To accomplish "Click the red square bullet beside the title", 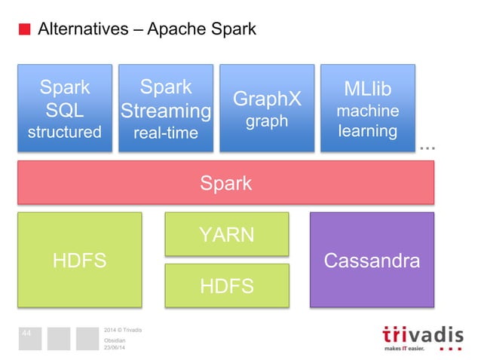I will point(25,30).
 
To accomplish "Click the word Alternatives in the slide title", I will point(83,30).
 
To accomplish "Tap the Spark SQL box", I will point(65,108).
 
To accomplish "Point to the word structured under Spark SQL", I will point(65,133).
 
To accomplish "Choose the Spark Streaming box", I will point(166,108).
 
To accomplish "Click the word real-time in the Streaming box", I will point(166,133).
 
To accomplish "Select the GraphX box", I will point(267,108).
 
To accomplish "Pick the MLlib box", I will point(368,108).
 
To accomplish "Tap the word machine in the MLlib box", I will point(368,111).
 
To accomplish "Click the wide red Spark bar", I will point(225,182).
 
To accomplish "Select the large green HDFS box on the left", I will point(79,260).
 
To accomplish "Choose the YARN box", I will point(226,235).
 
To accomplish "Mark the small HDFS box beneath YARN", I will point(226,285).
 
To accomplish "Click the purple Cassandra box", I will point(372,260).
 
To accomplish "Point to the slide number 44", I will point(26,332).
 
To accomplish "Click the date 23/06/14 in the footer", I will point(115,347).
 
